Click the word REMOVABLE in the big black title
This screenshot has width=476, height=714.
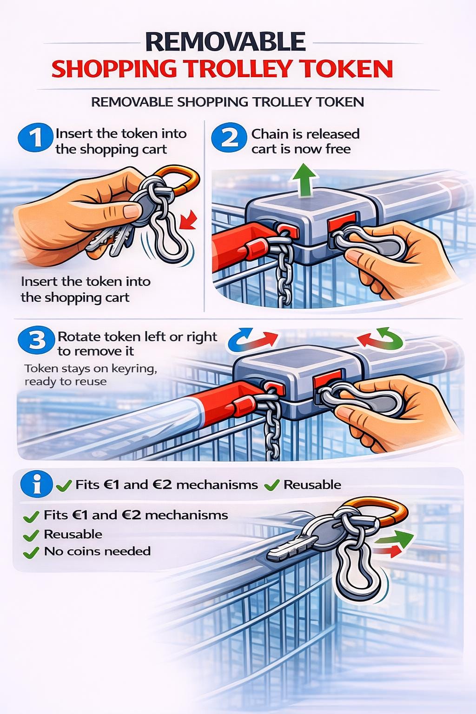225,41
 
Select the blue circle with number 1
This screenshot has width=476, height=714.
35,139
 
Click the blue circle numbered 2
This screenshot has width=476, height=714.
229,139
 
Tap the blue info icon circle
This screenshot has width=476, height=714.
36,484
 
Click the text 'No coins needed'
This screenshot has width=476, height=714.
97,551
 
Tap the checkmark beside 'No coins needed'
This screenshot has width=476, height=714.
31,552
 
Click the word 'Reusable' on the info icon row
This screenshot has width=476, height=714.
312,484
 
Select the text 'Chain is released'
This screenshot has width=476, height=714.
305,134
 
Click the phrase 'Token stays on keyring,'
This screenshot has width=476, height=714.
91,369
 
